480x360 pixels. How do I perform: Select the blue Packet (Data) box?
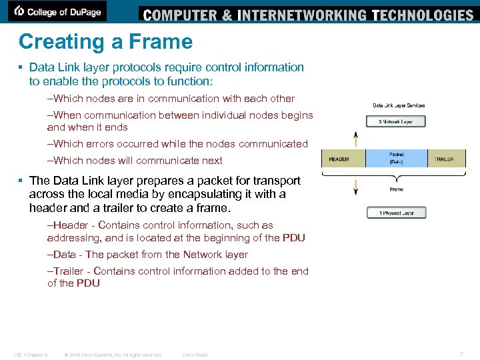click(397, 159)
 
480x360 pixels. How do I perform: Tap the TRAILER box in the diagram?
click(445, 159)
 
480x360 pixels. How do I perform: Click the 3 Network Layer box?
click(397, 122)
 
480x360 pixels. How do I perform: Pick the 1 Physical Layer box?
click(397, 213)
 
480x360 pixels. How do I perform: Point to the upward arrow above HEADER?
click(356, 139)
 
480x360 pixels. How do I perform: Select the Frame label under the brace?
click(397, 189)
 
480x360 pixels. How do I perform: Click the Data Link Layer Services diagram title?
click(399, 105)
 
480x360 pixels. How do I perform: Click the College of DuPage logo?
click(60, 11)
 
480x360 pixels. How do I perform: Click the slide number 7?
click(461, 353)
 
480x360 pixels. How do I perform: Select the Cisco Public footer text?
click(195, 355)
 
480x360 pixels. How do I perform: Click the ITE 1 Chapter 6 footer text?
click(31, 355)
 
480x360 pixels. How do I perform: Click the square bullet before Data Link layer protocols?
click(21, 67)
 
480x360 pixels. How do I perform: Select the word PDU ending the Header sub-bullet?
click(293, 237)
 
